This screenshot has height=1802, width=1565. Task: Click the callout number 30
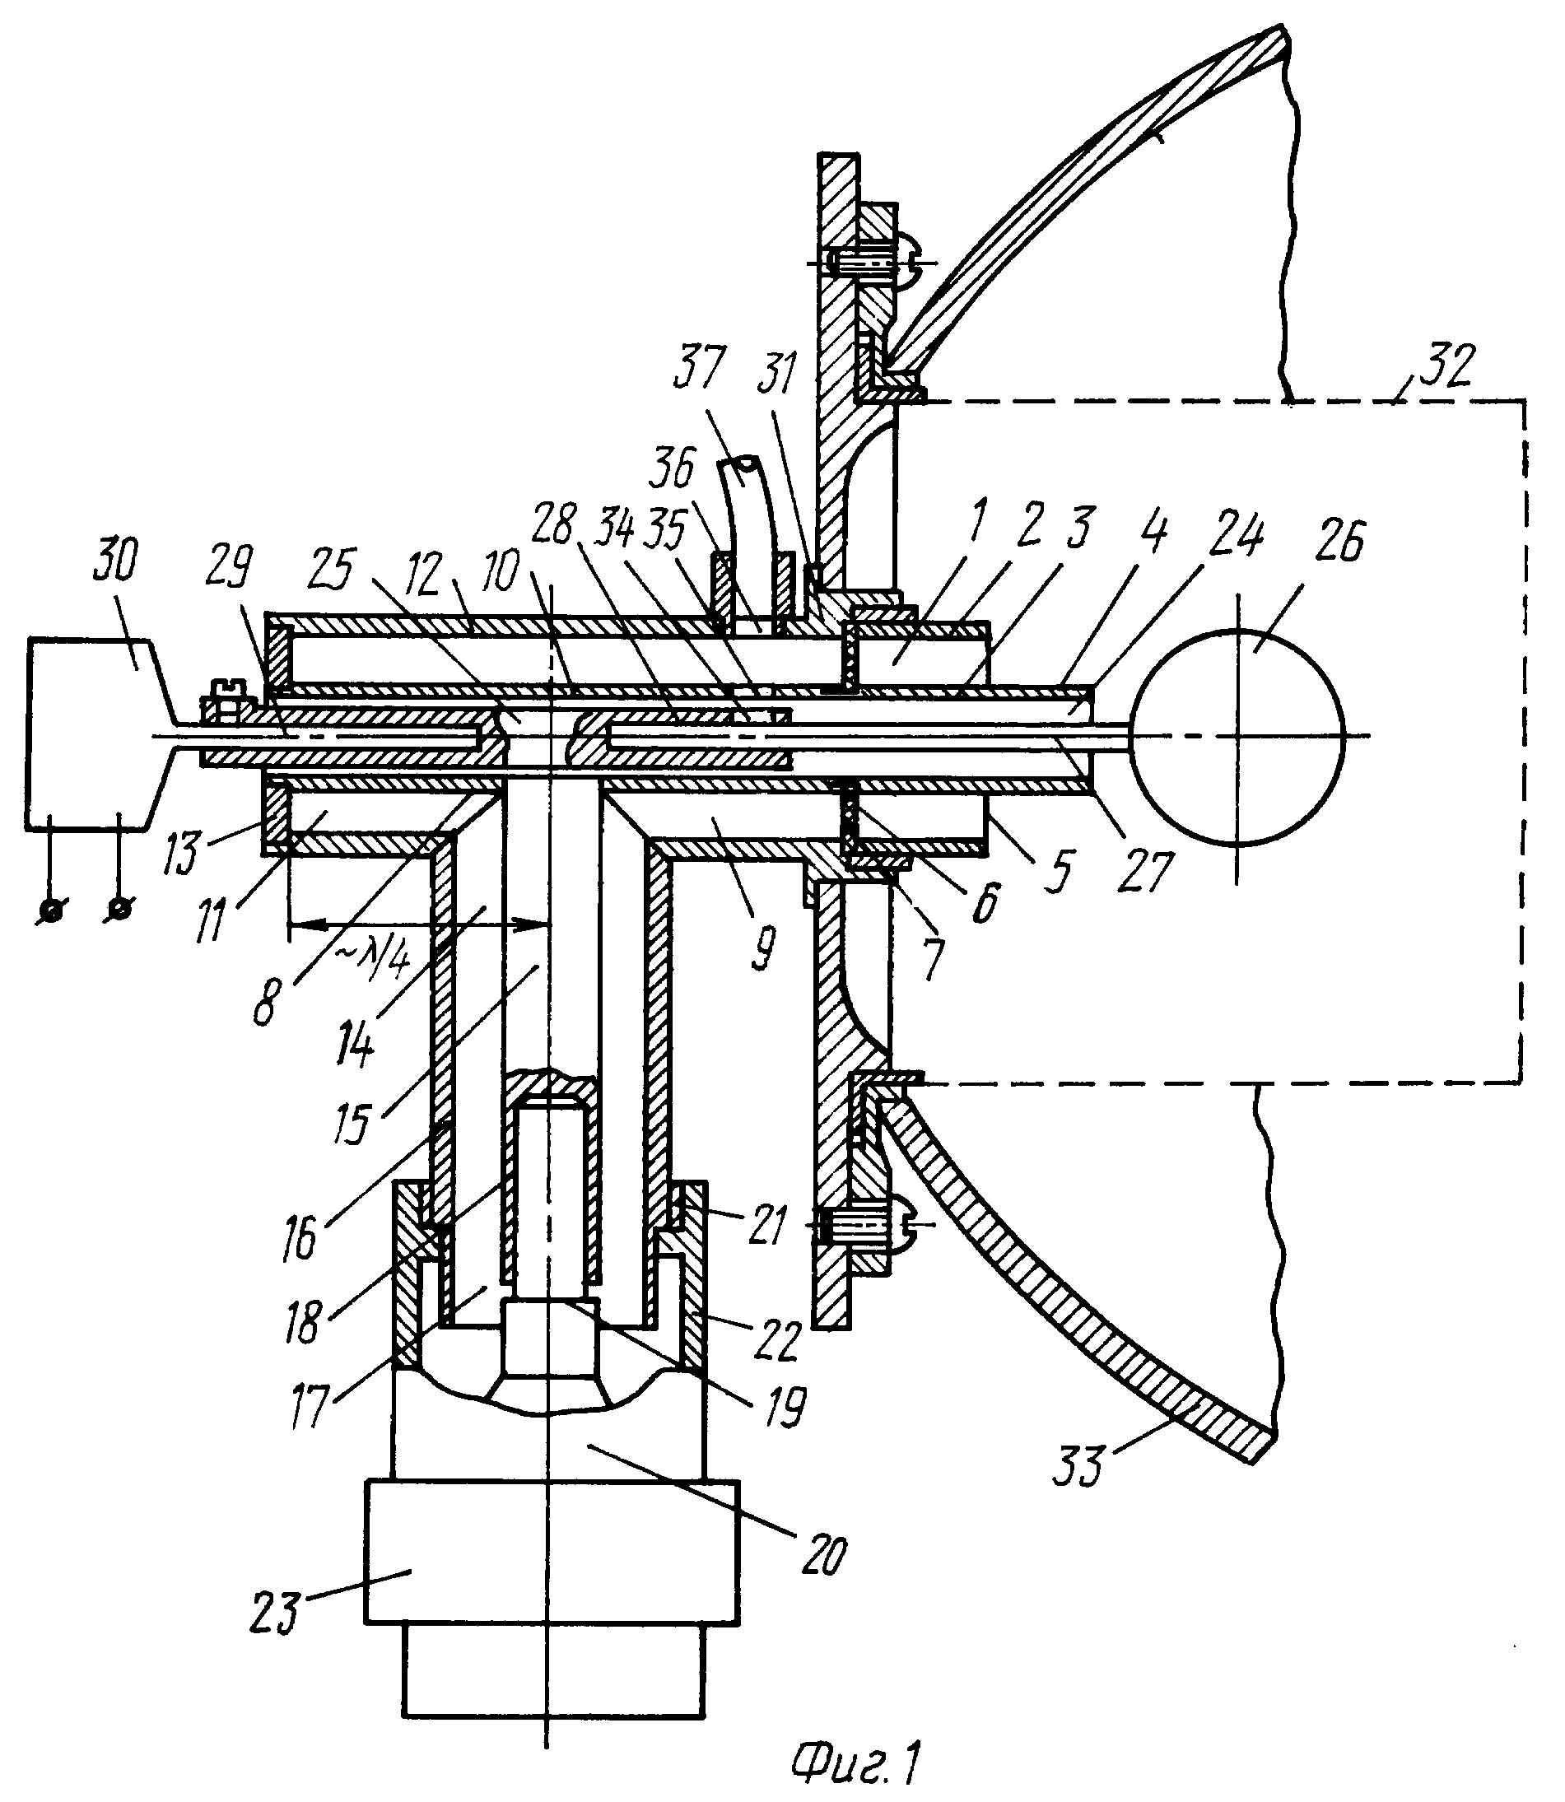(115, 560)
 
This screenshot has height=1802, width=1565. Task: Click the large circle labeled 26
(1236, 738)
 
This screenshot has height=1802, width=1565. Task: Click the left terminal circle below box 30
(49, 910)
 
